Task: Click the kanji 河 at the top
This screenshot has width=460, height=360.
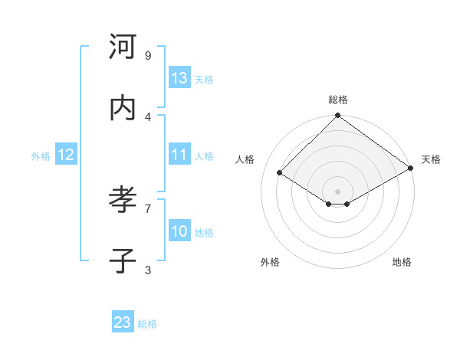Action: coord(122,47)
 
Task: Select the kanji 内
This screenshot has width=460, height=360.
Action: coord(122,108)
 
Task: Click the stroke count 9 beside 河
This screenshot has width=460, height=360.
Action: coord(148,55)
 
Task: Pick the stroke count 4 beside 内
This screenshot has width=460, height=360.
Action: coord(148,116)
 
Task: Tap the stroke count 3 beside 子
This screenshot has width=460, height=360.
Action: coord(148,270)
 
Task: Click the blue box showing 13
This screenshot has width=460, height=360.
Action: coord(179,78)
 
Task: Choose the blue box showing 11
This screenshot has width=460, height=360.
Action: coord(179,155)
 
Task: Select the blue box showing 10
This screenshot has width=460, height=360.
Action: coord(179,231)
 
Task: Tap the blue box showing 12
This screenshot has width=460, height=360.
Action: coord(66,155)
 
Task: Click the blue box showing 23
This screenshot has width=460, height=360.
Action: coord(123,322)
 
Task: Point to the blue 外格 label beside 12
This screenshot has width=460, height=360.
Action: coord(41,156)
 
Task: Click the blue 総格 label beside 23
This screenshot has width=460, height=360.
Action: coord(147,324)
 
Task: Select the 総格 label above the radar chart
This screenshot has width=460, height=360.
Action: coord(338,100)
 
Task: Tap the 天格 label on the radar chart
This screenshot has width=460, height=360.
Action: coord(431,159)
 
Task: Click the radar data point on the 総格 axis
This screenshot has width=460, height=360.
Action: coord(338,116)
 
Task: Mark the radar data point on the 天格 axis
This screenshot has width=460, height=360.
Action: coord(411,168)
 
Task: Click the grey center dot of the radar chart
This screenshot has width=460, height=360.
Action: coord(338,191)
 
